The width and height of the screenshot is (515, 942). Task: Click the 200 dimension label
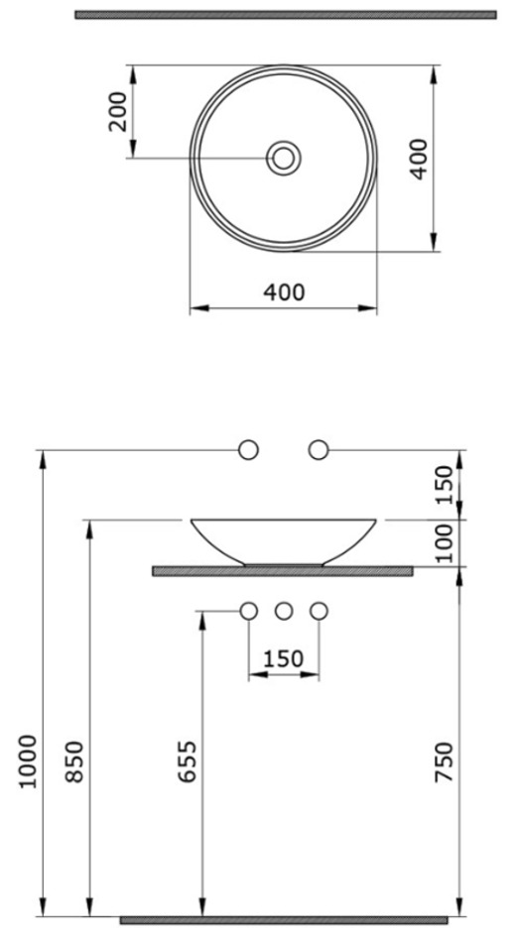tap(118, 111)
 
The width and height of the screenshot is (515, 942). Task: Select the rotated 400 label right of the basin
tap(418, 159)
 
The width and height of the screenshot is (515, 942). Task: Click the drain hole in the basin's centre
tap(284, 159)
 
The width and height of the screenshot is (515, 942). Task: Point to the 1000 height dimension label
tap(28, 762)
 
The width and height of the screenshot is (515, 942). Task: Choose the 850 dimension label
tap(73, 762)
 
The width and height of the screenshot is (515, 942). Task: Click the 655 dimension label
tap(187, 762)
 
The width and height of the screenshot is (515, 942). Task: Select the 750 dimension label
tap(444, 762)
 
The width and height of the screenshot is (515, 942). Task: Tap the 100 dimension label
tap(444, 542)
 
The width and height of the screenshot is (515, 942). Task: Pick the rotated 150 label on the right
tap(444, 485)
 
